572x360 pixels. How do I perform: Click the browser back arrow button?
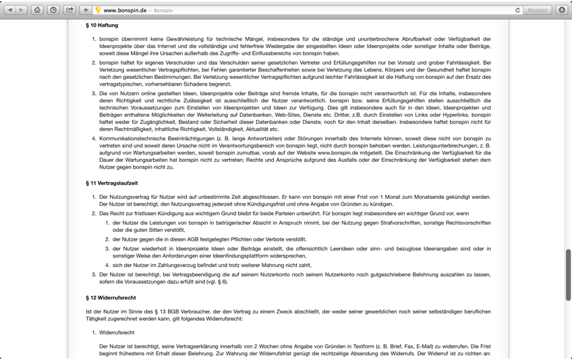[10, 10]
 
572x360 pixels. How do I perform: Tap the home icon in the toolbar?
[37, 10]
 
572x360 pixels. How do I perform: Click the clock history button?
[53, 10]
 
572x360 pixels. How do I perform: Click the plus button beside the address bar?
[86, 10]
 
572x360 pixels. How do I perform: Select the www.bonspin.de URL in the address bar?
[125, 11]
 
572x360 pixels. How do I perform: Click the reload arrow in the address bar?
[517, 10]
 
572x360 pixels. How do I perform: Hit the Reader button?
[538, 10]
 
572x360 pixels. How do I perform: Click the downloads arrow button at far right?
[562, 10]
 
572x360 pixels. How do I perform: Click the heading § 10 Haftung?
[102, 26]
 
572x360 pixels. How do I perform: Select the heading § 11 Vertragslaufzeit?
[112, 183]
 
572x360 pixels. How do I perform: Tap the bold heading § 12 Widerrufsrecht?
[111, 298]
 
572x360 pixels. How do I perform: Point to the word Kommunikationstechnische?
[132, 139]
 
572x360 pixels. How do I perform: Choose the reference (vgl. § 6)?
[213, 282]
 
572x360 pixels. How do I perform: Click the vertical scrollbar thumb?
[568, 274]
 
